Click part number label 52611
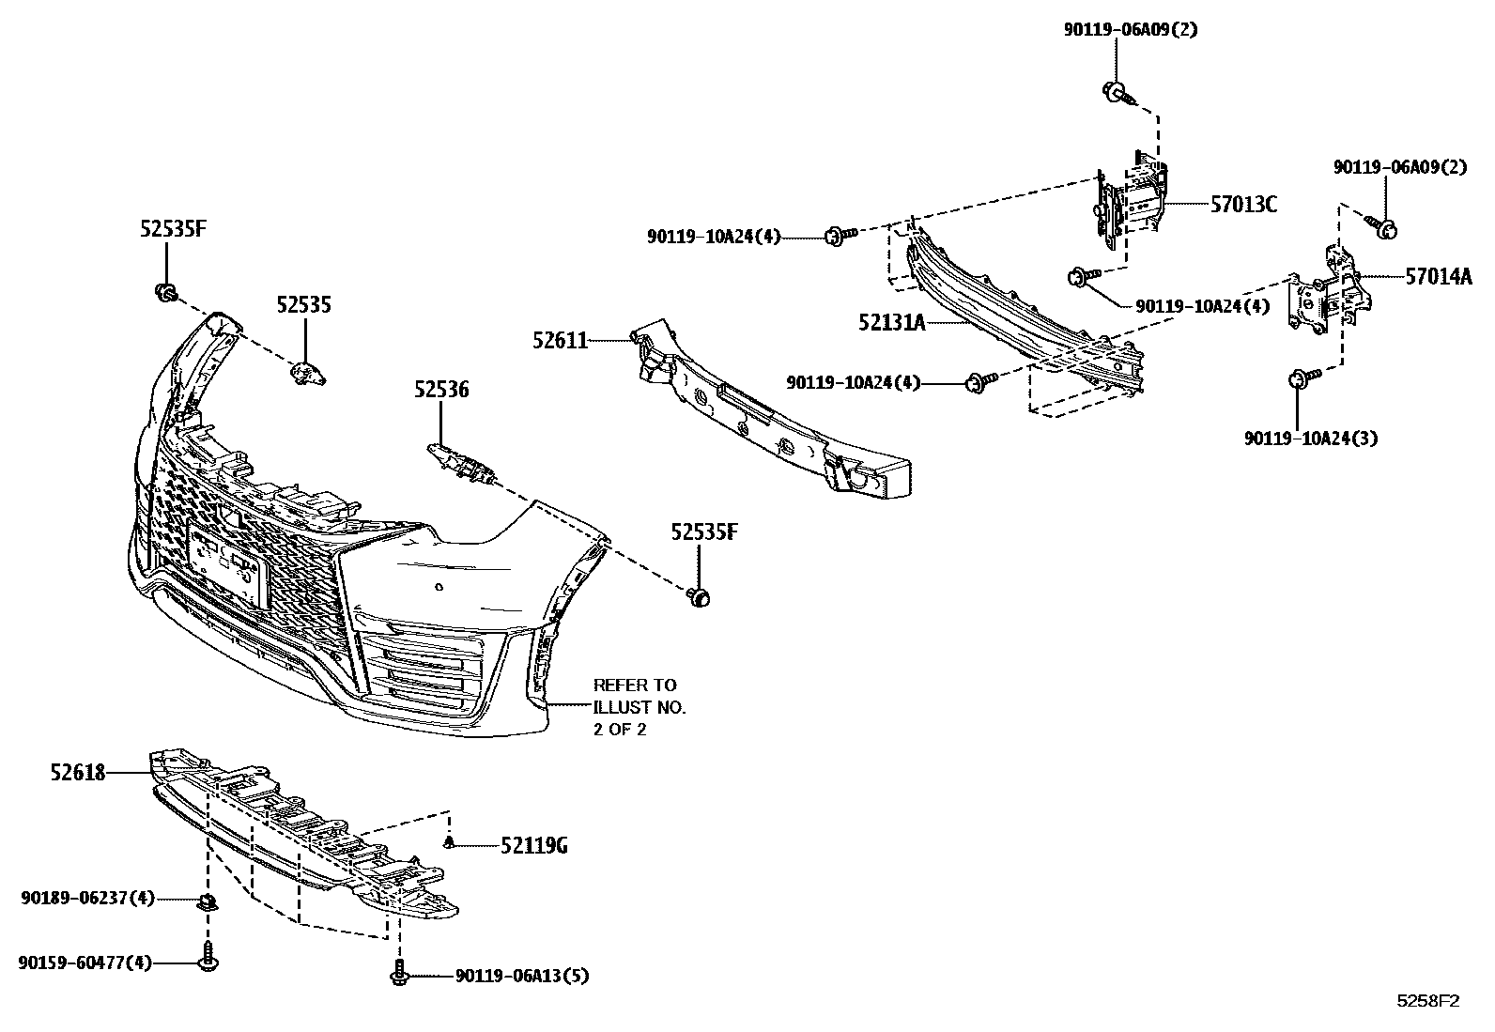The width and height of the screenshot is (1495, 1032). tap(561, 342)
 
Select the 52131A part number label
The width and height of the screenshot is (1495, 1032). tap(891, 323)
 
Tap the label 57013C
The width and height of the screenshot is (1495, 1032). tap(1243, 204)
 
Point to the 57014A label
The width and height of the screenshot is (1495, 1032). tap(1439, 276)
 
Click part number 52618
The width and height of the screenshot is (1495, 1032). tap(78, 773)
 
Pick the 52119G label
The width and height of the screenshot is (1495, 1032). tap(533, 846)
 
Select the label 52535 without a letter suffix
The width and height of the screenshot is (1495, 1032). tap(303, 305)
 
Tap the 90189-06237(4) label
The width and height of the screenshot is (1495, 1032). tap(87, 899)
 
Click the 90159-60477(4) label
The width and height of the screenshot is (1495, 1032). tap(85, 963)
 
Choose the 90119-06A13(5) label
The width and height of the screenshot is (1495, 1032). tap(522, 977)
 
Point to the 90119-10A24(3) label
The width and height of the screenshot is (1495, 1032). tap(1311, 439)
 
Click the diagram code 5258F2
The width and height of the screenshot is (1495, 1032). tap(1428, 1001)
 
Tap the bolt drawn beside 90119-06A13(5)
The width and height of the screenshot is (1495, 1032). tap(399, 974)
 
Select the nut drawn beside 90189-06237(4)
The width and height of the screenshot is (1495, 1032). tap(206, 903)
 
